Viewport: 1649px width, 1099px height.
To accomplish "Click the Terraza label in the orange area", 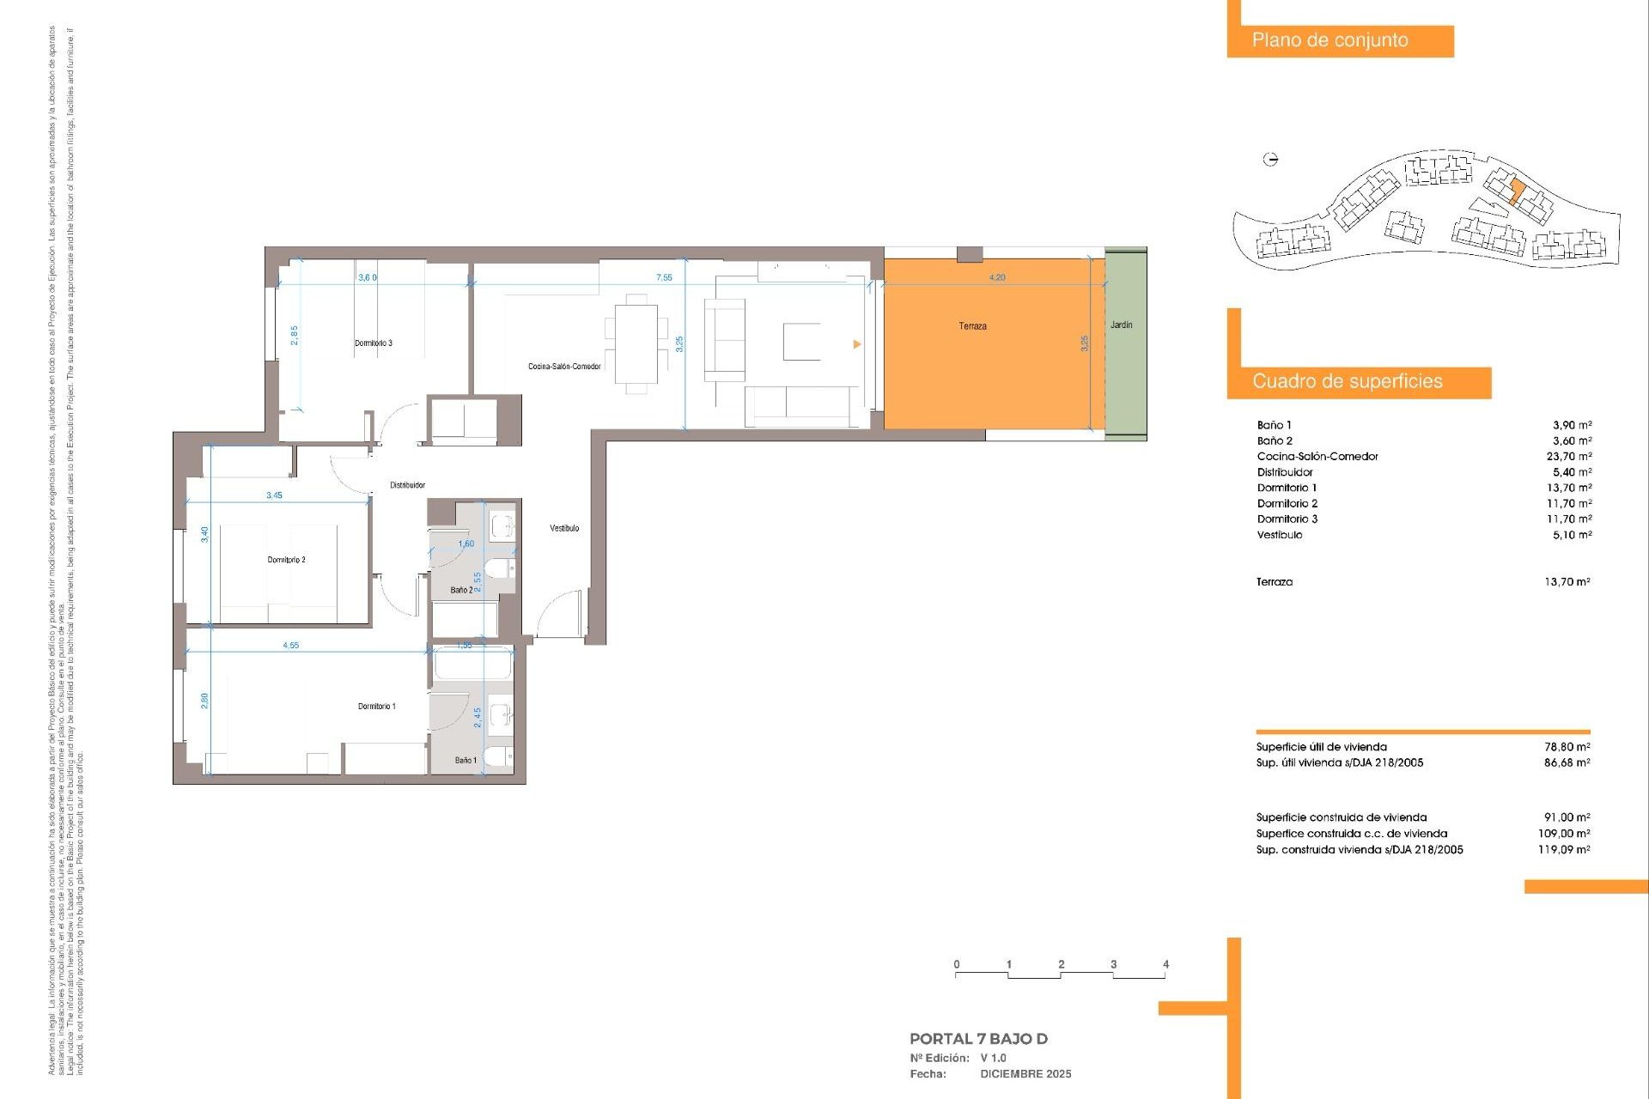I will point(972,326).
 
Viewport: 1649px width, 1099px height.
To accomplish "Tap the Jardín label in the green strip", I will point(1121,325).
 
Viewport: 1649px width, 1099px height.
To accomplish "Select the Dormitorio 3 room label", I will point(374,343).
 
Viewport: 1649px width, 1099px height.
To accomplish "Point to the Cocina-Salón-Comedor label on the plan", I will point(564,367).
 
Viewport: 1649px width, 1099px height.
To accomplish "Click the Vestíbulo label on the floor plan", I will point(564,528).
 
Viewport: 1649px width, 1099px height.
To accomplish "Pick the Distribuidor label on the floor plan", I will point(407,485).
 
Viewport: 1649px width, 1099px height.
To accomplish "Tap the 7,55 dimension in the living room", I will point(664,277).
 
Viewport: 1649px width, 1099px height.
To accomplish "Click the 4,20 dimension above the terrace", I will point(996,277).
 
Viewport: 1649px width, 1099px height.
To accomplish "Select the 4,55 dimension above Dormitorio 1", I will point(290,645).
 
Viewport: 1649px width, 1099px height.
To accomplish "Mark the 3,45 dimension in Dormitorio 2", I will point(274,495).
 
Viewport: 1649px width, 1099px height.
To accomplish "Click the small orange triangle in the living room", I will point(856,344).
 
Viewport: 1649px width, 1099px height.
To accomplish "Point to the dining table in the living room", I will point(636,343).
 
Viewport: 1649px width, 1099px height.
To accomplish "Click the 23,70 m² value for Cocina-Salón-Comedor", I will point(1568,457).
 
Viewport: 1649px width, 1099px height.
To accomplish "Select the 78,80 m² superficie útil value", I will point(1567,747).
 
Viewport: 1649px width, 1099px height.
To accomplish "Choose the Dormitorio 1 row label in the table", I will point(1287,488).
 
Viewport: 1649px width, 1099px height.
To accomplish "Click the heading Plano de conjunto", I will point(1330,40).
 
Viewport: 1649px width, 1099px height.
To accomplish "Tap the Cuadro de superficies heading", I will point(1347,381).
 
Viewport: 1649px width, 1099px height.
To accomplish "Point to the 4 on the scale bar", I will point(1165,964).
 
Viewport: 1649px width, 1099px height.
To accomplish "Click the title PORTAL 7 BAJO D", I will point(978,1039).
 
